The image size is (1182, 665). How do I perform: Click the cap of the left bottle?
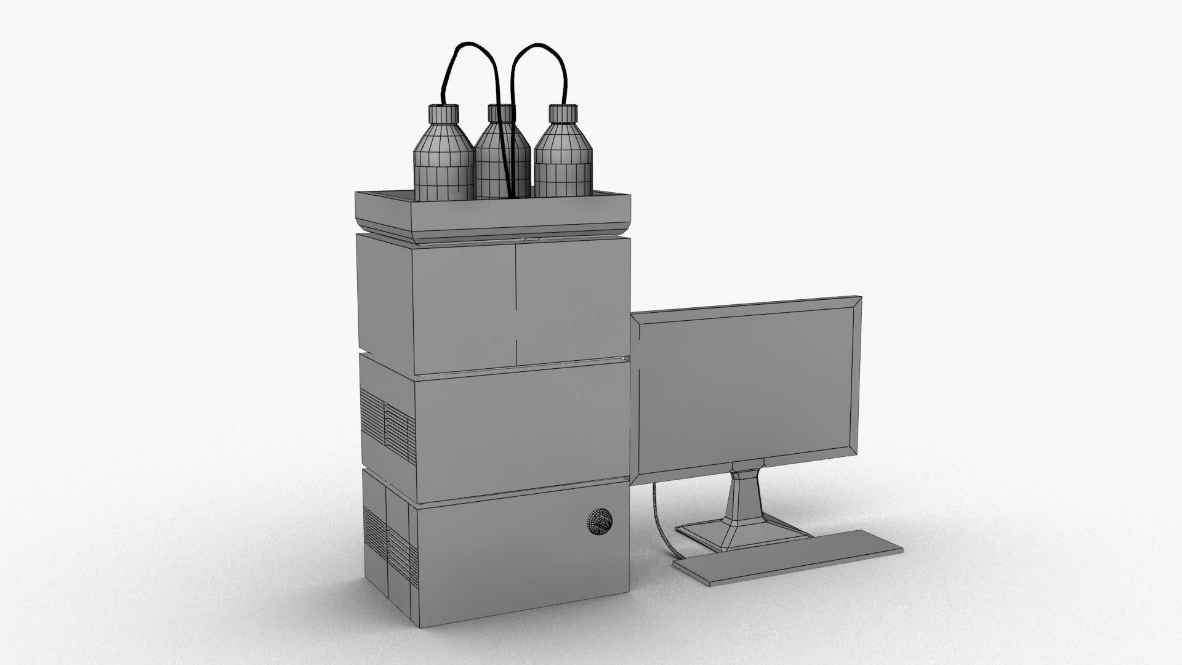point(443,113)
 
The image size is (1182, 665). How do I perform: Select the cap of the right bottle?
point(563,113)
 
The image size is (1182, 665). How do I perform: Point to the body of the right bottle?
point(563,166)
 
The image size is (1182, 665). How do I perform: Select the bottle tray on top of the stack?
point(492,213)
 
